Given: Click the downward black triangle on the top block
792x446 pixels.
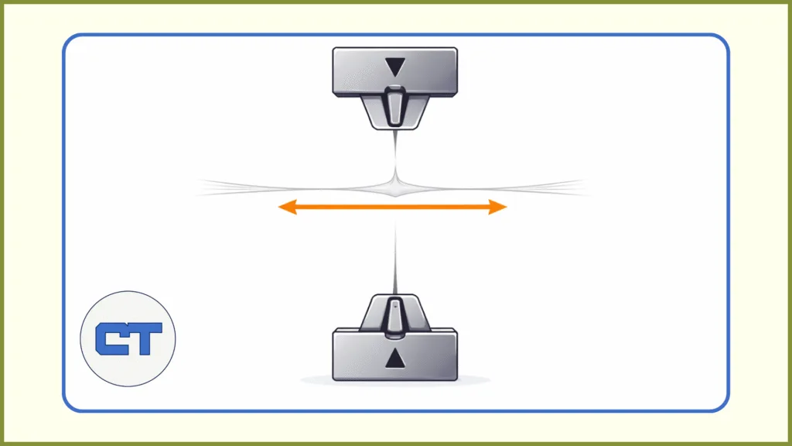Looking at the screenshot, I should pos(395,67).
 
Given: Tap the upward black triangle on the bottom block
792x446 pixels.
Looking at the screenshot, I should pos(395,359).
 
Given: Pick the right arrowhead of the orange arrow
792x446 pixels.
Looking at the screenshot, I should pos(499,207).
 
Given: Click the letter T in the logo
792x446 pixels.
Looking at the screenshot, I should pos(145,339).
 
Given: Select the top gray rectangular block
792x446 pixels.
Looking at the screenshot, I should pos(356,72).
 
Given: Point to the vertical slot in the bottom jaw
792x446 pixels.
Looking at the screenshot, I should pos(395,317).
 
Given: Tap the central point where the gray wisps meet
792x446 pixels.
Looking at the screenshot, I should pos(395,186).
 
